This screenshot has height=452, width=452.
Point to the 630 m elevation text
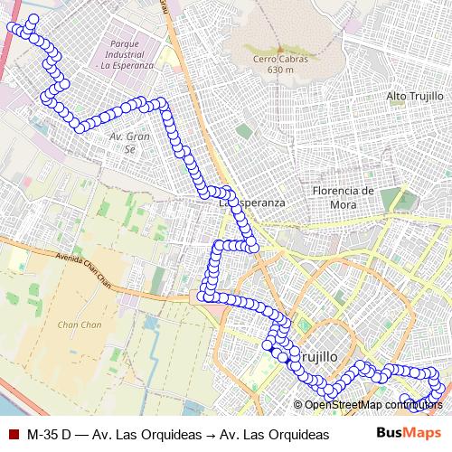click(281, 70)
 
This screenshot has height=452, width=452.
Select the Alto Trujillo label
click(414, 96)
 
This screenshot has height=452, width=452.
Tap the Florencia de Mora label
click(342, 198)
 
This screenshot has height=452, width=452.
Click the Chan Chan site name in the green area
click(80, 325)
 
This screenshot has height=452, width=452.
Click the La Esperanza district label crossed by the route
click(253, 203)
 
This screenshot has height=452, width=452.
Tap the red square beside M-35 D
click(13, 434)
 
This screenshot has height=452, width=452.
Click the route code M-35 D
click(50, 434)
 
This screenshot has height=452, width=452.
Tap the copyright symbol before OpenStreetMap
click(298, 404)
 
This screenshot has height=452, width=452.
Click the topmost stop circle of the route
click(34, 18)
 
